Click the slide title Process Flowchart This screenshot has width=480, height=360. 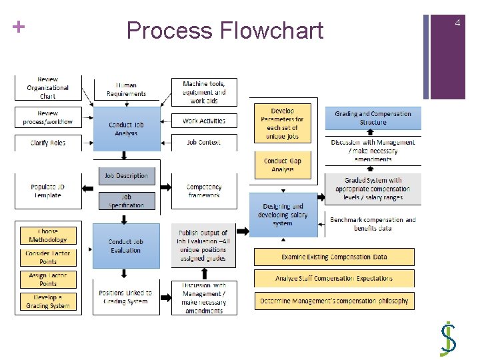[x=225, y=31]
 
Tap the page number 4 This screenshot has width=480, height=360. [x=457, y=23]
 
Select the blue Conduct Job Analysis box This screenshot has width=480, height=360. [x=126, y=129]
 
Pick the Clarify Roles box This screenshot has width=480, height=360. [x=48, y=143]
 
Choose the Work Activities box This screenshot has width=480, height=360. [x=204, y=121]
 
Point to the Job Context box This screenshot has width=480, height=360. [x=204, y=142]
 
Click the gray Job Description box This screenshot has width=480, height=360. [x=126, y=176]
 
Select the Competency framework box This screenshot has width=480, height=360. [x=204, y=191]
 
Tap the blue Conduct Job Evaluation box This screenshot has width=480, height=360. [x=126, y=246]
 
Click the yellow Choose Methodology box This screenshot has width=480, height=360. [x=48, y=236]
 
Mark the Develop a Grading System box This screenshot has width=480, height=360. [x=48, y=301]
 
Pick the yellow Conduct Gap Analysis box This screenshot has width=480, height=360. [x=282, y=165]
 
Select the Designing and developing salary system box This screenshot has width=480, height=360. [x=283, y=215]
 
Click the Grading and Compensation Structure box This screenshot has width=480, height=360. [x=373, y=118]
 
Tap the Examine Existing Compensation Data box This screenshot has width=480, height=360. [x=334, y=257]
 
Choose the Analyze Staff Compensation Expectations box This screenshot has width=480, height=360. [x=334, y=278]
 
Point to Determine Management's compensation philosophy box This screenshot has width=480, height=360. [x=334, y=301]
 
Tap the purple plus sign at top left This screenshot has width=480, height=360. [x=18, y=27]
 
